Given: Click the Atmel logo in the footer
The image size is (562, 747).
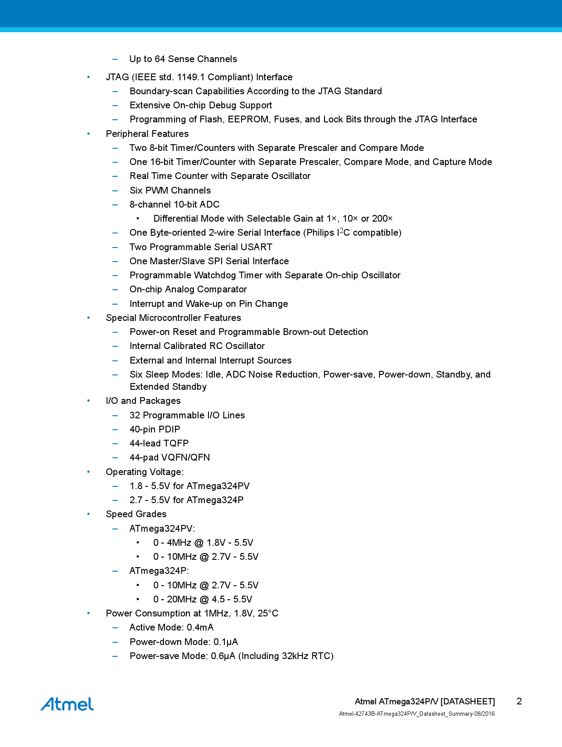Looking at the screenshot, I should [67, 704].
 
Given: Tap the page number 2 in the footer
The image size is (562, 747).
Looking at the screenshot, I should [519, 701].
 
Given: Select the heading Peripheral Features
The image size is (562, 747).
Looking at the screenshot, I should [147, 134].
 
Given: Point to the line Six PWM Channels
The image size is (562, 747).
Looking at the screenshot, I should [170, 190].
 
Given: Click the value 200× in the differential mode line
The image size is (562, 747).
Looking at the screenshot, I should [382, 218].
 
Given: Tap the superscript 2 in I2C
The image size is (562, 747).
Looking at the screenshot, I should [341, 230].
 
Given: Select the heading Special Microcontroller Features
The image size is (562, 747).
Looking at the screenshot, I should [173, 318].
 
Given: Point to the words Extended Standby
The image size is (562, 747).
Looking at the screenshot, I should [168, 387].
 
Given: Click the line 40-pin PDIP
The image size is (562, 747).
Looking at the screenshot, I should [155, 429].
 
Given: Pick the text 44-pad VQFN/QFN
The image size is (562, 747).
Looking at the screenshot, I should [170, 457].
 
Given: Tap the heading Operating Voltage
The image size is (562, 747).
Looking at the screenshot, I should [145, 472].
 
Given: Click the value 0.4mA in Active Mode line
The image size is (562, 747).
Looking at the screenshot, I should [200, 627].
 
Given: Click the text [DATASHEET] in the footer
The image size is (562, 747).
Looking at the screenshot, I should [467, 701].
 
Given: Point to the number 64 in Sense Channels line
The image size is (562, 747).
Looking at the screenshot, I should [160, 59].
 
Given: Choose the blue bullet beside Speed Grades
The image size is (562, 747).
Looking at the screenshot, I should [89, 514].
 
